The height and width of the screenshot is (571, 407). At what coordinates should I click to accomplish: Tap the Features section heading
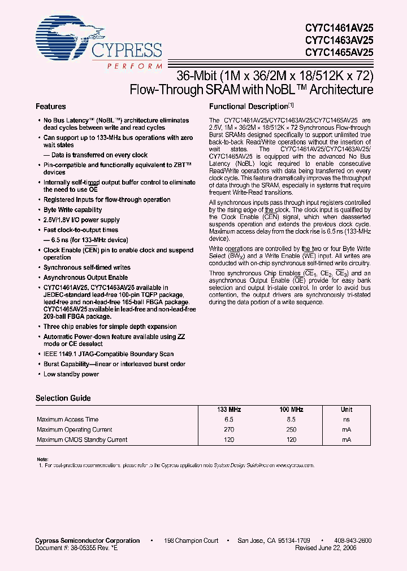pyautogui.click(x=51, y=107)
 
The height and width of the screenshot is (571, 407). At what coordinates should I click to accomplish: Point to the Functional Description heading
pyautogui.click(x=249, y=107)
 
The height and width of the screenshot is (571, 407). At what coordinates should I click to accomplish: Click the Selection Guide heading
pyautogui.click(x=63, y=398)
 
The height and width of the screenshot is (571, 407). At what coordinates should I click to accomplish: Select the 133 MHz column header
pyautogui.click(x=229, y=410)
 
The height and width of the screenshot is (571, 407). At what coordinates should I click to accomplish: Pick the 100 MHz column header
pyautogui.click(x=291, y=410)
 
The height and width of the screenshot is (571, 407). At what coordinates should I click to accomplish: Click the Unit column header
pyautogui.click(x=347, y=410)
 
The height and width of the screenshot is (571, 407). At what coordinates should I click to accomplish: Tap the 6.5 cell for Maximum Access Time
pyautogui.click(x=229, y=420)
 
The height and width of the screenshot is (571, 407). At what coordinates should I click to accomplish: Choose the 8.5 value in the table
pyautogui.click(x=291, y=420)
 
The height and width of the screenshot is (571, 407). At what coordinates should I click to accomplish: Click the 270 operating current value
pyautogui.click(x=229, y=430)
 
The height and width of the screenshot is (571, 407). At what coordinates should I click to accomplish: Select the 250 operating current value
pyautogui.click(x=291, y=430)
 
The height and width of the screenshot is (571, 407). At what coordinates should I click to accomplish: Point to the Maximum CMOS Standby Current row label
pyautogui.click(x=82, y=440)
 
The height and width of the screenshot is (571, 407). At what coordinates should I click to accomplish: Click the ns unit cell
pyautogui.click(x=347, y=420)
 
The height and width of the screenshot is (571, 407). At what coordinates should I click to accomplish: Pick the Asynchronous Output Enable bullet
pyautogui.click(x=85, y=278)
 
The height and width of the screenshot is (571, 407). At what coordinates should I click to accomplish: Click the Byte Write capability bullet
pyautogui.click(x=73, y=210)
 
